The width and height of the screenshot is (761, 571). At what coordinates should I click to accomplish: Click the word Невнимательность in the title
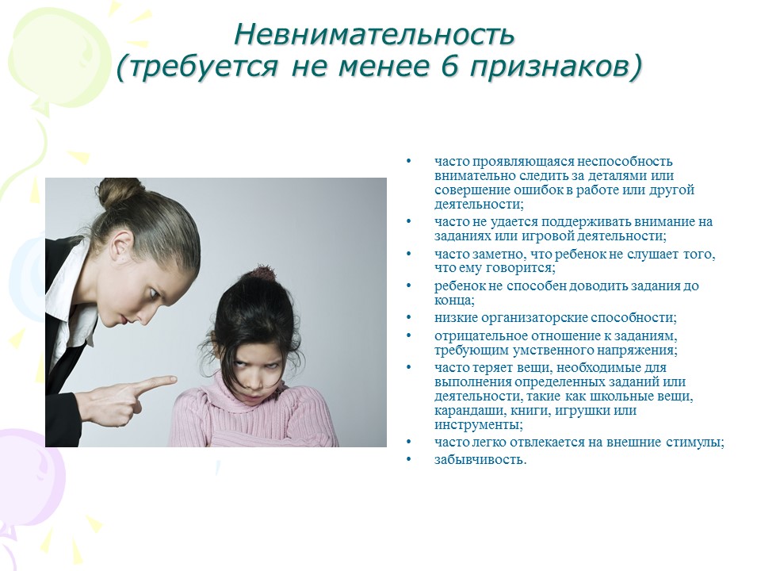click(373, 35)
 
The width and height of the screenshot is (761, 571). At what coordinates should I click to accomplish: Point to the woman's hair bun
click(118, 192)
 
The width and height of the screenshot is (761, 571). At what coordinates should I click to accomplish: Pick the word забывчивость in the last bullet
click(480, 459)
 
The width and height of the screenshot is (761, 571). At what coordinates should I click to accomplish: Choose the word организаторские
click(533, 318)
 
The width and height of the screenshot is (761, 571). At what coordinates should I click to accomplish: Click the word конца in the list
click(454, 301)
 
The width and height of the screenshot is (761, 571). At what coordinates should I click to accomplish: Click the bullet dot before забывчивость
click(409, 459)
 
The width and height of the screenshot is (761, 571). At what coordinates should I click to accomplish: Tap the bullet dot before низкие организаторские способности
click(409, 317)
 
